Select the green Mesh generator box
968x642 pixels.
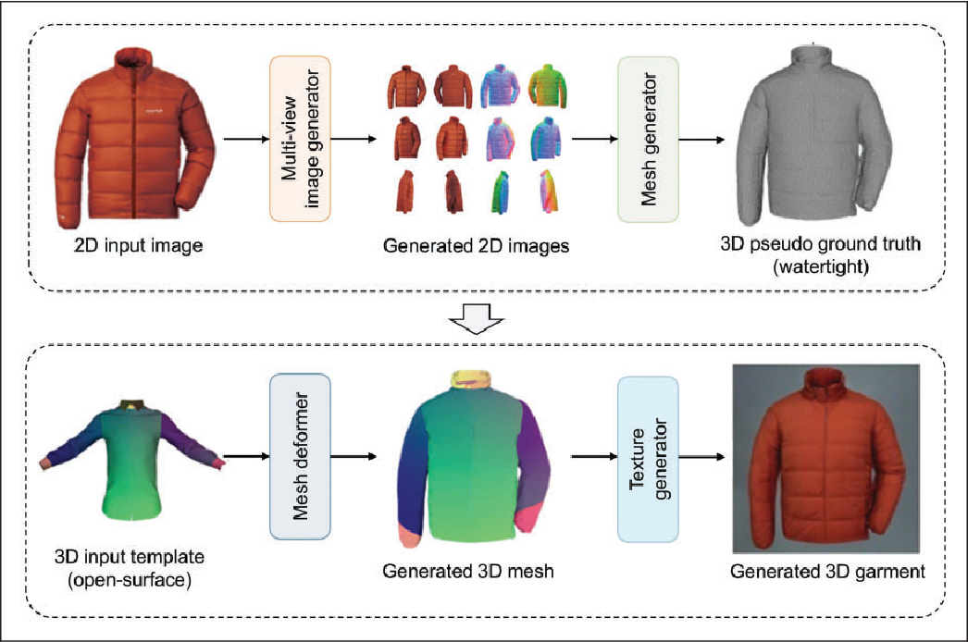648,139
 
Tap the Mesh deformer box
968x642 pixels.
299,456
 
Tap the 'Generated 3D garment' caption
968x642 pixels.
826,572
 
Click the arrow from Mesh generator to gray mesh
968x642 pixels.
702,140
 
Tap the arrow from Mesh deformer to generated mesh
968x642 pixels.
353,456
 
